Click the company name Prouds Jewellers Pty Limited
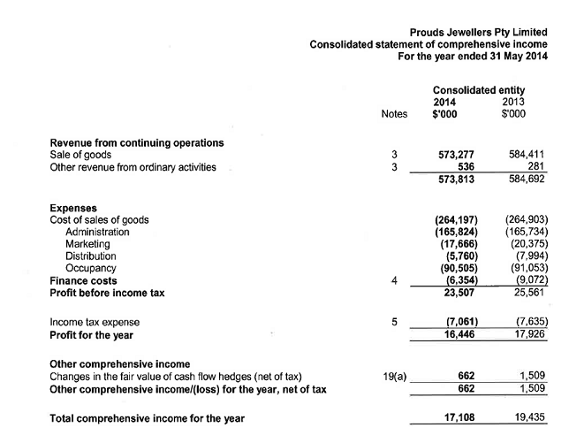click(479, 32)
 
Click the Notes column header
click(394, 114)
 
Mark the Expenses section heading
click(73, 208)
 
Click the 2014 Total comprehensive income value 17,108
click(462, 418)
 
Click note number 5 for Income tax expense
click(394, 323)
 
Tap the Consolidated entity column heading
click(479, 90)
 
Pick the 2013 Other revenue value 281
click(535, 166)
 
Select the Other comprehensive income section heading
click(118, 363)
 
